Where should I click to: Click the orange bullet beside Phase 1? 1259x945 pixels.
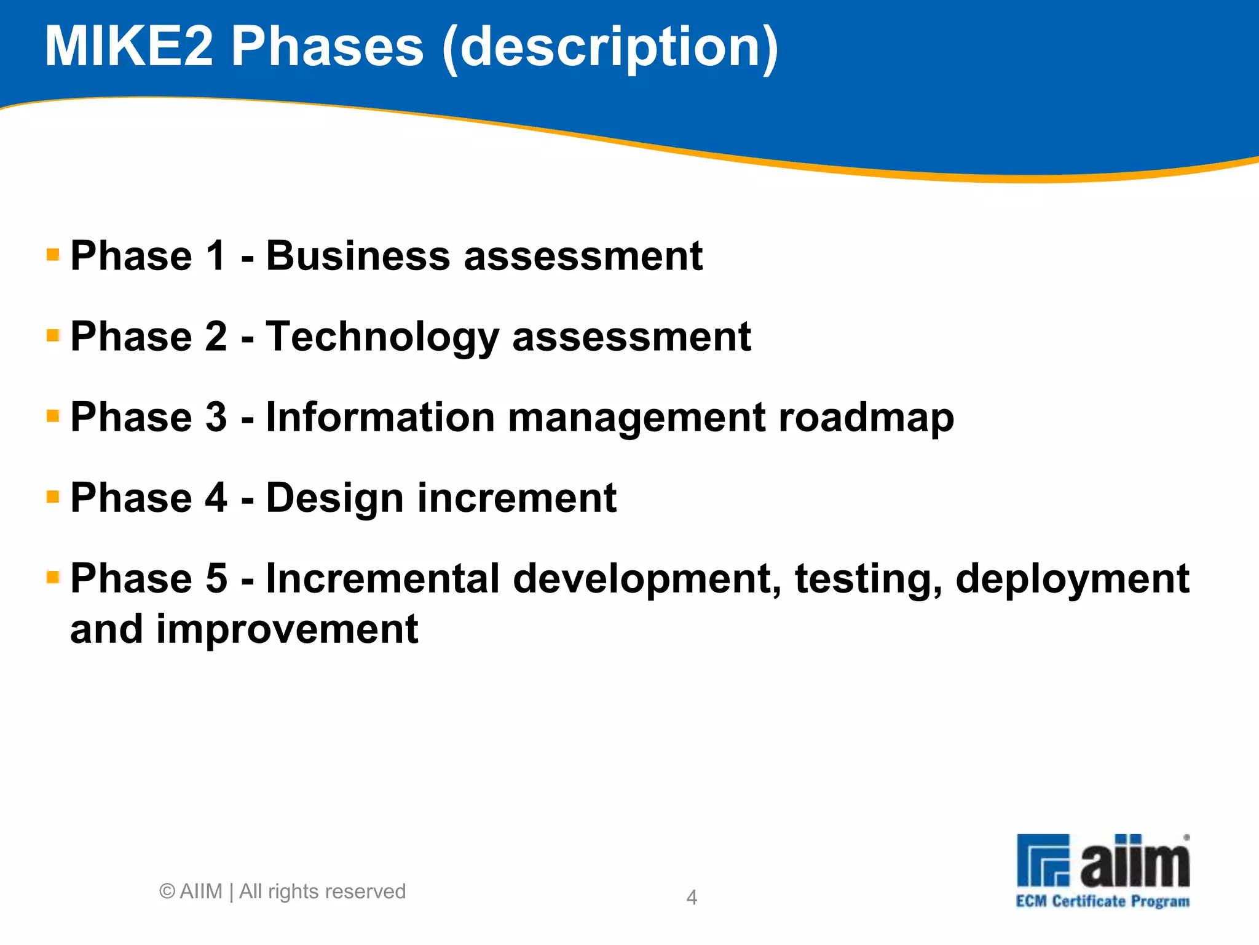click(53, 254)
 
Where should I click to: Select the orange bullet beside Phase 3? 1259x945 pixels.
click(53, 416)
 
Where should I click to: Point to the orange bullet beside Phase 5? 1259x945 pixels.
click(53, 577)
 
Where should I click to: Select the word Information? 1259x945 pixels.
click(380, 417)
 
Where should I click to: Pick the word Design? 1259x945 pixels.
click(334, 499)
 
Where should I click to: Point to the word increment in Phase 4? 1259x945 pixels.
click(517, 498)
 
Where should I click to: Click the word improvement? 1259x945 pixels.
click(287, 631)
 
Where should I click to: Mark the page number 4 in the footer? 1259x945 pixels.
click(692, 898)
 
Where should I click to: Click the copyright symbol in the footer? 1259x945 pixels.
click(167, 891)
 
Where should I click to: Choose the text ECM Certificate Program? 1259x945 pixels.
click(1103, 902)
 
